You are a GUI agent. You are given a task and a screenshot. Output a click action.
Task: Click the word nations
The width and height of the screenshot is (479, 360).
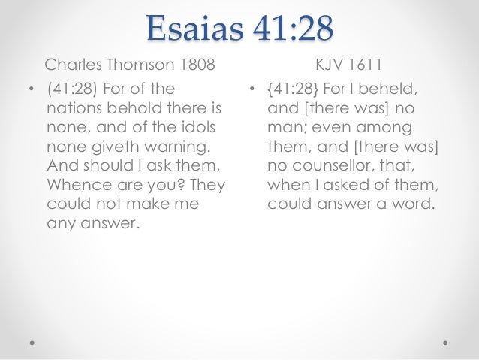click(x=74, y=110)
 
